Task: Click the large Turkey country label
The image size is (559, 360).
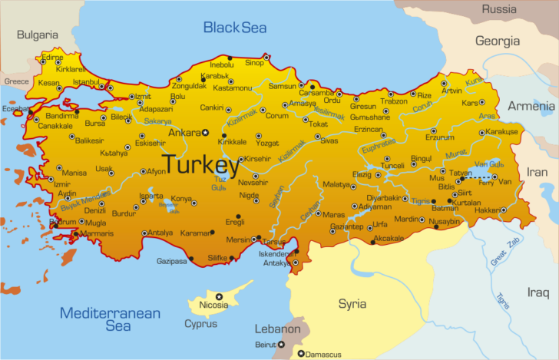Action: [x=200, y=165]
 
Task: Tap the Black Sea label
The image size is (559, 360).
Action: [x=234, y=28]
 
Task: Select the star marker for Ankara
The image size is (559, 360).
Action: [x=205, y=133]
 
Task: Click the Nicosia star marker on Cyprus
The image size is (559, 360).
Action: [x=219, y=296]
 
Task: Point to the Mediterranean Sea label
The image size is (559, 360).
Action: [x=111, y=319]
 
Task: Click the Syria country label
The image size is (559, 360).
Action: [x=352, y=303]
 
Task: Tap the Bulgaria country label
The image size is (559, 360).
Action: [x=38, y=35]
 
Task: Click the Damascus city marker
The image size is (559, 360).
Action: [x=301, y=354]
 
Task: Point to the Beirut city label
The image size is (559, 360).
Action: [x=265, y=345]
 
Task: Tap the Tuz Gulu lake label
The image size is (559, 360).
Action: [x=220, y=183]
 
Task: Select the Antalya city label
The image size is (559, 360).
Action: [x=160, y=233]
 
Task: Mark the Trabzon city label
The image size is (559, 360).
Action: [x=394, y=101]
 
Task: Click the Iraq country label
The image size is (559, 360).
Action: [x=537, y=292]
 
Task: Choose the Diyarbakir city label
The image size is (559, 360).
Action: [x=384, y=198]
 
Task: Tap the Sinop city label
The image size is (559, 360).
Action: [x=254, y=63]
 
